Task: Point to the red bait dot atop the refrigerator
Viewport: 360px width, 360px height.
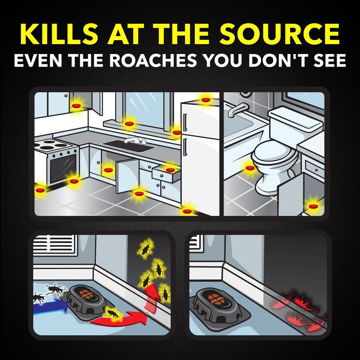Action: point(206,100)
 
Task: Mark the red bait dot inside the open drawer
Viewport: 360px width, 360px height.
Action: point(170,170)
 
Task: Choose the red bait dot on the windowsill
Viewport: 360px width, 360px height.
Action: point(130,123)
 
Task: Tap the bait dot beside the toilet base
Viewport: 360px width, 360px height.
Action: point(250,168)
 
